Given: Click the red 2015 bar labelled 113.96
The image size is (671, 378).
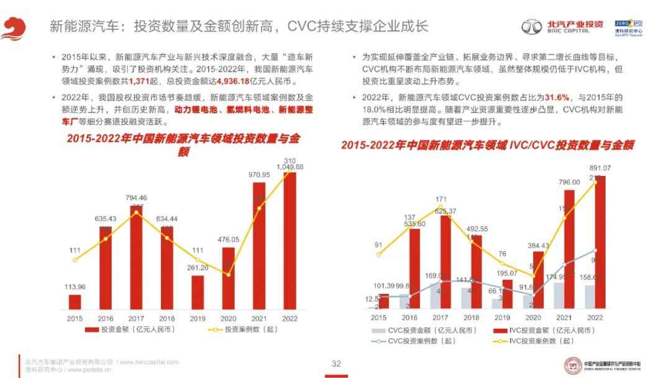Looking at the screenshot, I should point(75,302).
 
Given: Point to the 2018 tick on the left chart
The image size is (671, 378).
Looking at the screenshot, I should point(167,317).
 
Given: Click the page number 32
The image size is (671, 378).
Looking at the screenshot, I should point(336,364).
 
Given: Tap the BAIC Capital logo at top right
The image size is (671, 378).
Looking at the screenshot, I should point(562,26).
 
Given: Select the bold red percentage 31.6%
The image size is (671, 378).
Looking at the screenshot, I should point(557,98).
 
